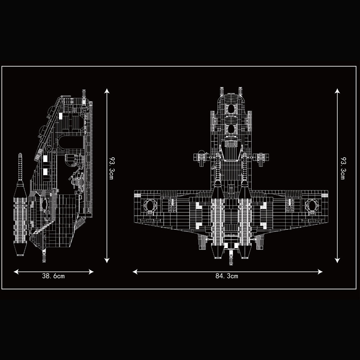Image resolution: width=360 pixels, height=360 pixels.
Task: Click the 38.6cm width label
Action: pos(54,276)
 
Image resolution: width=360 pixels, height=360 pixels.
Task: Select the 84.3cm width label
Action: pos(227,276)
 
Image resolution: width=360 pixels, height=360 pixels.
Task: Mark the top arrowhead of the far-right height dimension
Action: pos(337,90)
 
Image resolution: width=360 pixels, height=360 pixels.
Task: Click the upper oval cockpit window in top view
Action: pos(230,109)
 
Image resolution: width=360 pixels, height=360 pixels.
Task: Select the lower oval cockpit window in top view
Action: pos(230,129)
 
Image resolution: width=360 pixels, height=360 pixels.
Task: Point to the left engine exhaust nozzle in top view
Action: pos(217,252)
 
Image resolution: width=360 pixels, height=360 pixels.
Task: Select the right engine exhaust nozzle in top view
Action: pos(244,252)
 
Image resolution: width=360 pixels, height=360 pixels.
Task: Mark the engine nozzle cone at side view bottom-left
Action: pos(20,248)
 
